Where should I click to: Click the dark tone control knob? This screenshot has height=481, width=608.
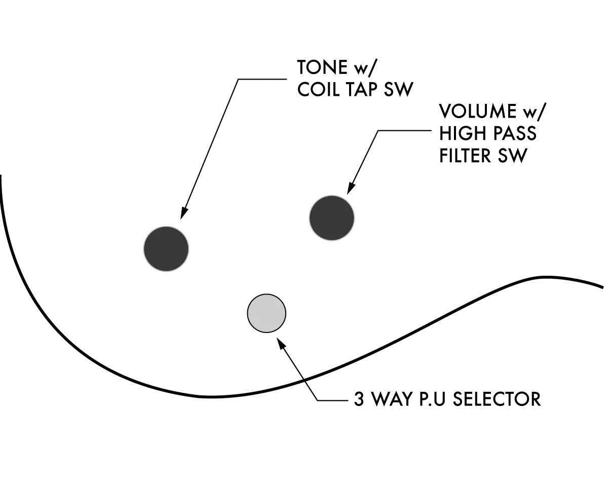(166, 248)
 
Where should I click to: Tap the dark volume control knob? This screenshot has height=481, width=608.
(332, 218)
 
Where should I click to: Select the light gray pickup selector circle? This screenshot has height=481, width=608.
(267, 313)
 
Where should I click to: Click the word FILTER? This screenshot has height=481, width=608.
(465, 155)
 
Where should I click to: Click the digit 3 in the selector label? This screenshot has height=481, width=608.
(358, 399)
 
